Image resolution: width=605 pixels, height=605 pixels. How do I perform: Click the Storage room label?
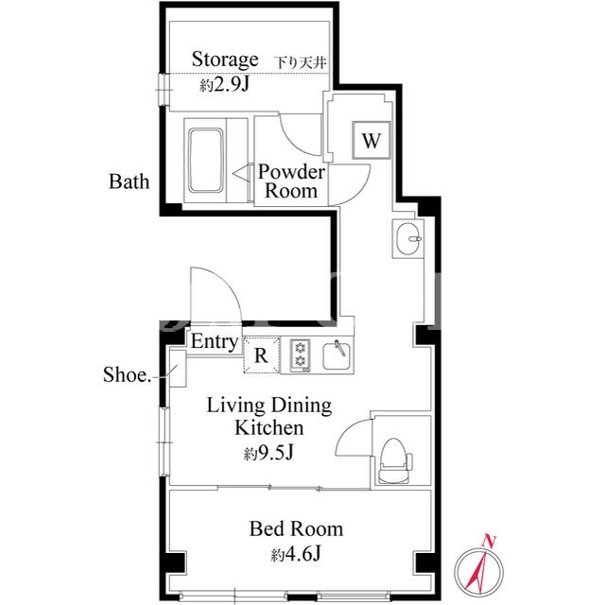(x=225, y=60)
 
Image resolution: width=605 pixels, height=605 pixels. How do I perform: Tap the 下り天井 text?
(x=302, y=62)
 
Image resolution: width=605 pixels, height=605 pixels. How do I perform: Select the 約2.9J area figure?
(x=225, y=84)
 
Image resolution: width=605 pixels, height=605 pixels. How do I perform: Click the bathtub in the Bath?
(x=206, y=161)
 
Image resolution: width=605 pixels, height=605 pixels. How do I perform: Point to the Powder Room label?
(x=291, y=181)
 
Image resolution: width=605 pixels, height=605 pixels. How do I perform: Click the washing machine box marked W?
(x=372, y=140)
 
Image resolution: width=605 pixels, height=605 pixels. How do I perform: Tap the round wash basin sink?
(x=408, y=238)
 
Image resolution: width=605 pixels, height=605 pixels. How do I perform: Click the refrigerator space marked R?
(x=261, y=355)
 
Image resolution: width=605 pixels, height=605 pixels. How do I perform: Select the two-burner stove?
(x=301, y=355)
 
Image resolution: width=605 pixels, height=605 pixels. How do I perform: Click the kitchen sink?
(x=337, y=355)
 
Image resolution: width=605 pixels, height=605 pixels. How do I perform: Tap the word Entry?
(x=215, y=342)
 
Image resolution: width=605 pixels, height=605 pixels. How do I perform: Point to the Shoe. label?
(x=127, y=374)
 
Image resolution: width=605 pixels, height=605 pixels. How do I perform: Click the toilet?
(x=394, y=460)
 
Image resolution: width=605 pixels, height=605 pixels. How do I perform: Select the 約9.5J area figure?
(x=268, y=453)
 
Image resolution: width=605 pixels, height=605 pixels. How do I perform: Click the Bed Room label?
(x=296, y=528)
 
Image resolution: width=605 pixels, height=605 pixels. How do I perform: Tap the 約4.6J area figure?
(x=296, y=554)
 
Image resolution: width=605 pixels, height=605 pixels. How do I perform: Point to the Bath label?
(x=129, y=181)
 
